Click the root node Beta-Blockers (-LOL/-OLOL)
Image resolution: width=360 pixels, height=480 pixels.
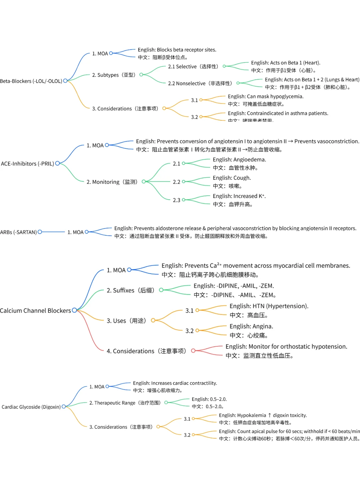(x=31, y=81)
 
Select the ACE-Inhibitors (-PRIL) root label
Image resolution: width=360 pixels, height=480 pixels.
(x=27, y=164)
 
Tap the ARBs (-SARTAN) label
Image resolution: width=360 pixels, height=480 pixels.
(x=18, y=232)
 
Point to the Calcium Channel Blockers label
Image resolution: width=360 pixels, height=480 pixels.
(x=35, y=311)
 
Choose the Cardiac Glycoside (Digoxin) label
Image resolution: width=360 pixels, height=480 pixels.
(x=31, y=407)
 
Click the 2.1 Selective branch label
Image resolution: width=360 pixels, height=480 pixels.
(x=193, y=67)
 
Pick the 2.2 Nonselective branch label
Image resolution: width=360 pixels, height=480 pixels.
(x=200, y=83)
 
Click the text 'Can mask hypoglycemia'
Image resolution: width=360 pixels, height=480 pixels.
(x=275, y=96)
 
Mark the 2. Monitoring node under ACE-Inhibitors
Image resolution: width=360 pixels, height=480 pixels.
(x=112, y=182)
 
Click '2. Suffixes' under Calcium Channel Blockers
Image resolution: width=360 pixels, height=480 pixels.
(x=130, y=290)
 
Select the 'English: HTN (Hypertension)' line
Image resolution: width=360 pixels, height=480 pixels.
(x=269, y=306)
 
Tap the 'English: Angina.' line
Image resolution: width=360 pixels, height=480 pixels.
(x=251, y=326)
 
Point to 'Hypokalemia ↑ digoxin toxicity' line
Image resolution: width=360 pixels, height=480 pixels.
(x=272, y=415)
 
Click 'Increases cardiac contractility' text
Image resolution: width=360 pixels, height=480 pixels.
(x=184, y=383)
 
